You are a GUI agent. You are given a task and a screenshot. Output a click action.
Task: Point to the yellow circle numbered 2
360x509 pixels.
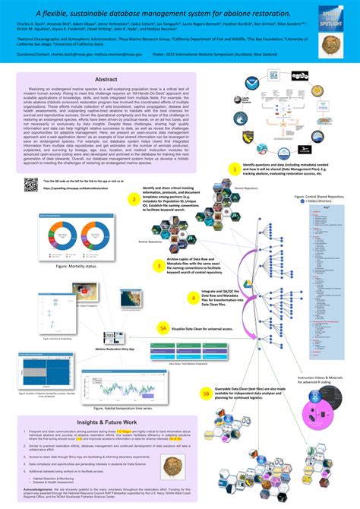coord(134,199)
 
